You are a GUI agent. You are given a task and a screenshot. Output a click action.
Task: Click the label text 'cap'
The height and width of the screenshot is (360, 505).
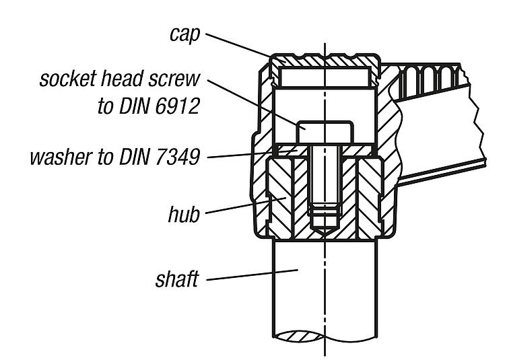pos(184,34)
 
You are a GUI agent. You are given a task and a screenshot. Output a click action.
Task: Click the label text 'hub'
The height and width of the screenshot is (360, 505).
pos(184,216)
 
